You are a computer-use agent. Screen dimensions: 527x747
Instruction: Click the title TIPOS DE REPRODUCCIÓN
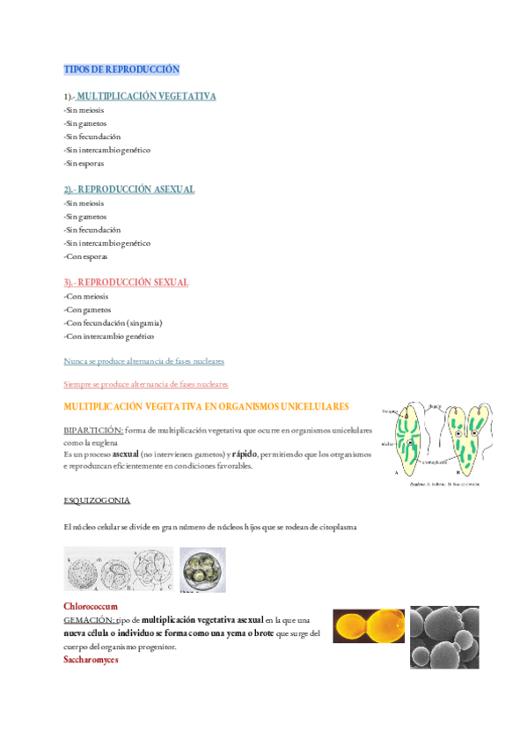[x=121, y=69]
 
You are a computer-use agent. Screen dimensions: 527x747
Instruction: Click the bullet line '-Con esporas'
[x=85, y=256]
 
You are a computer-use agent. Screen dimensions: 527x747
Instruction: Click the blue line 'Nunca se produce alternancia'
[x=143, y=361]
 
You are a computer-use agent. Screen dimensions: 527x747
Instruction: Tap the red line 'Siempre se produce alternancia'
[x=146, y=384]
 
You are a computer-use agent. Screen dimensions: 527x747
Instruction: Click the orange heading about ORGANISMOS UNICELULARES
[x=206, y=406]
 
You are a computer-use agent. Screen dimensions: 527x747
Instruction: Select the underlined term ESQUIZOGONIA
[x=97, y=500]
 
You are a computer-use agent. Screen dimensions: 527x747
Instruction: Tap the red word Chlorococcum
[x=91, y=607]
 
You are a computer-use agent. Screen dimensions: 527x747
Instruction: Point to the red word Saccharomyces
[x=91, y=659]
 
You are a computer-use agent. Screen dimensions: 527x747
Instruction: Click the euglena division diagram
[x=435, y=446]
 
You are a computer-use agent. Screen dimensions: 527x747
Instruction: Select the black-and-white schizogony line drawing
[x=118, y=570]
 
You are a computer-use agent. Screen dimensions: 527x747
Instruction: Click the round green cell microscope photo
[x=202, y=570]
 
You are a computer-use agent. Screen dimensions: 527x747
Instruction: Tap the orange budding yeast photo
[x=368, y=627]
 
